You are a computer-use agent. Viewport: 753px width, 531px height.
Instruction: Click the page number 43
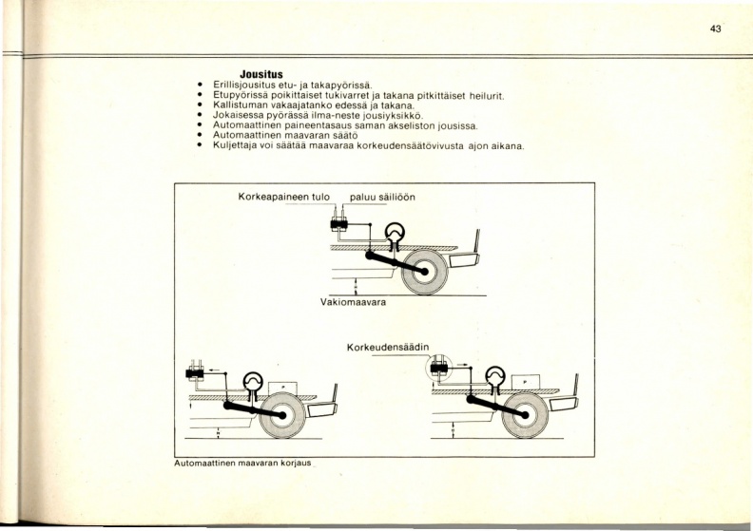715,28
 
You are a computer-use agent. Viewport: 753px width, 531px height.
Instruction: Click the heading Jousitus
261,74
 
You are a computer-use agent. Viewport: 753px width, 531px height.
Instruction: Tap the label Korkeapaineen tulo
284,198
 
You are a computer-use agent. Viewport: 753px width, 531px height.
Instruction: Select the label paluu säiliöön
382,198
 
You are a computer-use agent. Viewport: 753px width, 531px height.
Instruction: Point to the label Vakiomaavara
353,302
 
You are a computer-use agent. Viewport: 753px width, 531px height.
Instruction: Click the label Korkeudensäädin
388,347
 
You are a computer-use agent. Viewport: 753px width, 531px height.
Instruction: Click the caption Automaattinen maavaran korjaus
242,464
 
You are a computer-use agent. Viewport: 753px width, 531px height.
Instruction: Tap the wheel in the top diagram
425,272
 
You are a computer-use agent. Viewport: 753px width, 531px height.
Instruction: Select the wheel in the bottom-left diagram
282,415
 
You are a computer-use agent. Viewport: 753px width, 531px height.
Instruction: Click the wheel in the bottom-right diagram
525,415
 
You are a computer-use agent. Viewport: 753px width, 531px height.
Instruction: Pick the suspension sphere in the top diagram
395,233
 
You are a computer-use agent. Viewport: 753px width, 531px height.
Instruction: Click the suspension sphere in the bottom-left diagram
253,382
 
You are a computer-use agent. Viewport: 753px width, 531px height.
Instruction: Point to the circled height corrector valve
439,368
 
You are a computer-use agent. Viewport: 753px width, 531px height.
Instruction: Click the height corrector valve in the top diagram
339,224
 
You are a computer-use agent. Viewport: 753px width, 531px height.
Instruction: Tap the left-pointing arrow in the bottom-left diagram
214,370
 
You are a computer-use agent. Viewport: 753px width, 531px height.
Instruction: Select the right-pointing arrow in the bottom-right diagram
462,365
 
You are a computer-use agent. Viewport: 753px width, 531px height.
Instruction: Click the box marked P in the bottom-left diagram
283,389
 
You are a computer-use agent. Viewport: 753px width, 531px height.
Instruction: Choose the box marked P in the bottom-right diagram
526,382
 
